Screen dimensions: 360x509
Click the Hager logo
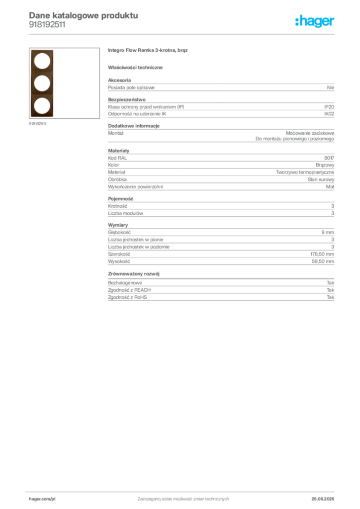(315, 21)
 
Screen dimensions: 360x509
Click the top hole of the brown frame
(42, 61)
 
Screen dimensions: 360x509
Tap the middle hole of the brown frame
(42, 84)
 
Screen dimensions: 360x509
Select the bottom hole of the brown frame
(42, 106)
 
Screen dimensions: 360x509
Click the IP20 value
(329, 107)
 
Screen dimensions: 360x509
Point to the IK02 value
(329, 114)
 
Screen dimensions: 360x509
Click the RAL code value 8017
(329, 158)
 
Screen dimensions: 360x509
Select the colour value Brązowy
(325, 165)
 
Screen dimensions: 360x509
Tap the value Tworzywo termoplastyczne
(305, 172)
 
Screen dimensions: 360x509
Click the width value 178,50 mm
(322, 254)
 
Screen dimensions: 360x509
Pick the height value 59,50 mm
(323, 261)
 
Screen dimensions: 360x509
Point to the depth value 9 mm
(328, 233)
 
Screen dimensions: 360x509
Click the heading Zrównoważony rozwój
(134, 274)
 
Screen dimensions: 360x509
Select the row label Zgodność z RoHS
(128, 297)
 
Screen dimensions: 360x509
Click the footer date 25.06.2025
(323, 499)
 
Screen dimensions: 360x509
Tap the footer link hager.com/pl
(42, 499)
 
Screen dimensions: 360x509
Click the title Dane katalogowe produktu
(84, 15)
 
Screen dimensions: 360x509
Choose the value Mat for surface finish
(330, 187)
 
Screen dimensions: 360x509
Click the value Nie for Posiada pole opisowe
(331, 87)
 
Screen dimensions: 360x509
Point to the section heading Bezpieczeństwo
(127, 99)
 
